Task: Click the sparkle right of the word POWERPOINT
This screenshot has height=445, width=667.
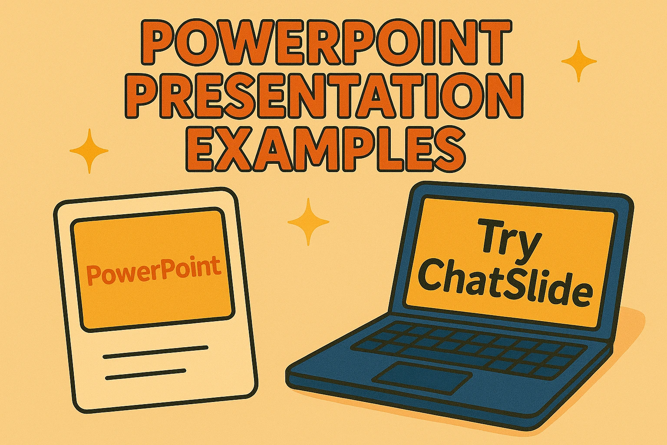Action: tap(579, 61)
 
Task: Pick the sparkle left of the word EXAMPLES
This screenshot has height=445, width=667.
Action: tap(89, 151)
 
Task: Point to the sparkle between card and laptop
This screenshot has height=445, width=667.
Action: tap(308, 222)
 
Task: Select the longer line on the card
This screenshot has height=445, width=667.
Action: tap(155, 352)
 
